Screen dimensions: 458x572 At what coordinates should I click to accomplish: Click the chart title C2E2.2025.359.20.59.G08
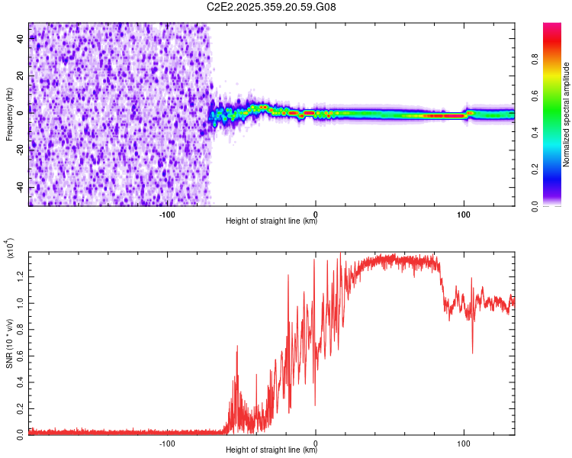272,8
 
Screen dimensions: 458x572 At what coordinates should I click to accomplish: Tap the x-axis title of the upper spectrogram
272,222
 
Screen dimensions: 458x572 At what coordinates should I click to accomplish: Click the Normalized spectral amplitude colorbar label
567,114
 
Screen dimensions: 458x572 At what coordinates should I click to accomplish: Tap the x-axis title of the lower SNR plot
272,450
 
